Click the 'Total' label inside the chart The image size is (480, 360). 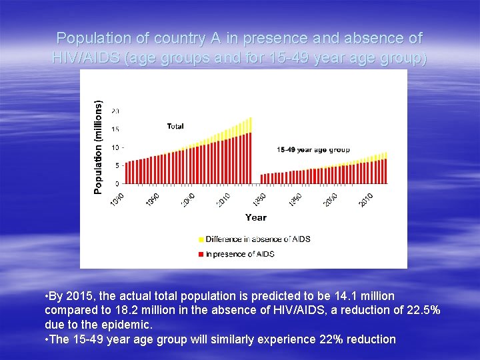175,126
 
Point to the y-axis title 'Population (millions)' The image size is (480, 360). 99,147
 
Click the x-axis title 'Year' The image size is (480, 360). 255,217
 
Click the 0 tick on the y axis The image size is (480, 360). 117,183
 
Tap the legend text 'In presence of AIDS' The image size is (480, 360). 240,254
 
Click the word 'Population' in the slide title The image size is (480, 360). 87,38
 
